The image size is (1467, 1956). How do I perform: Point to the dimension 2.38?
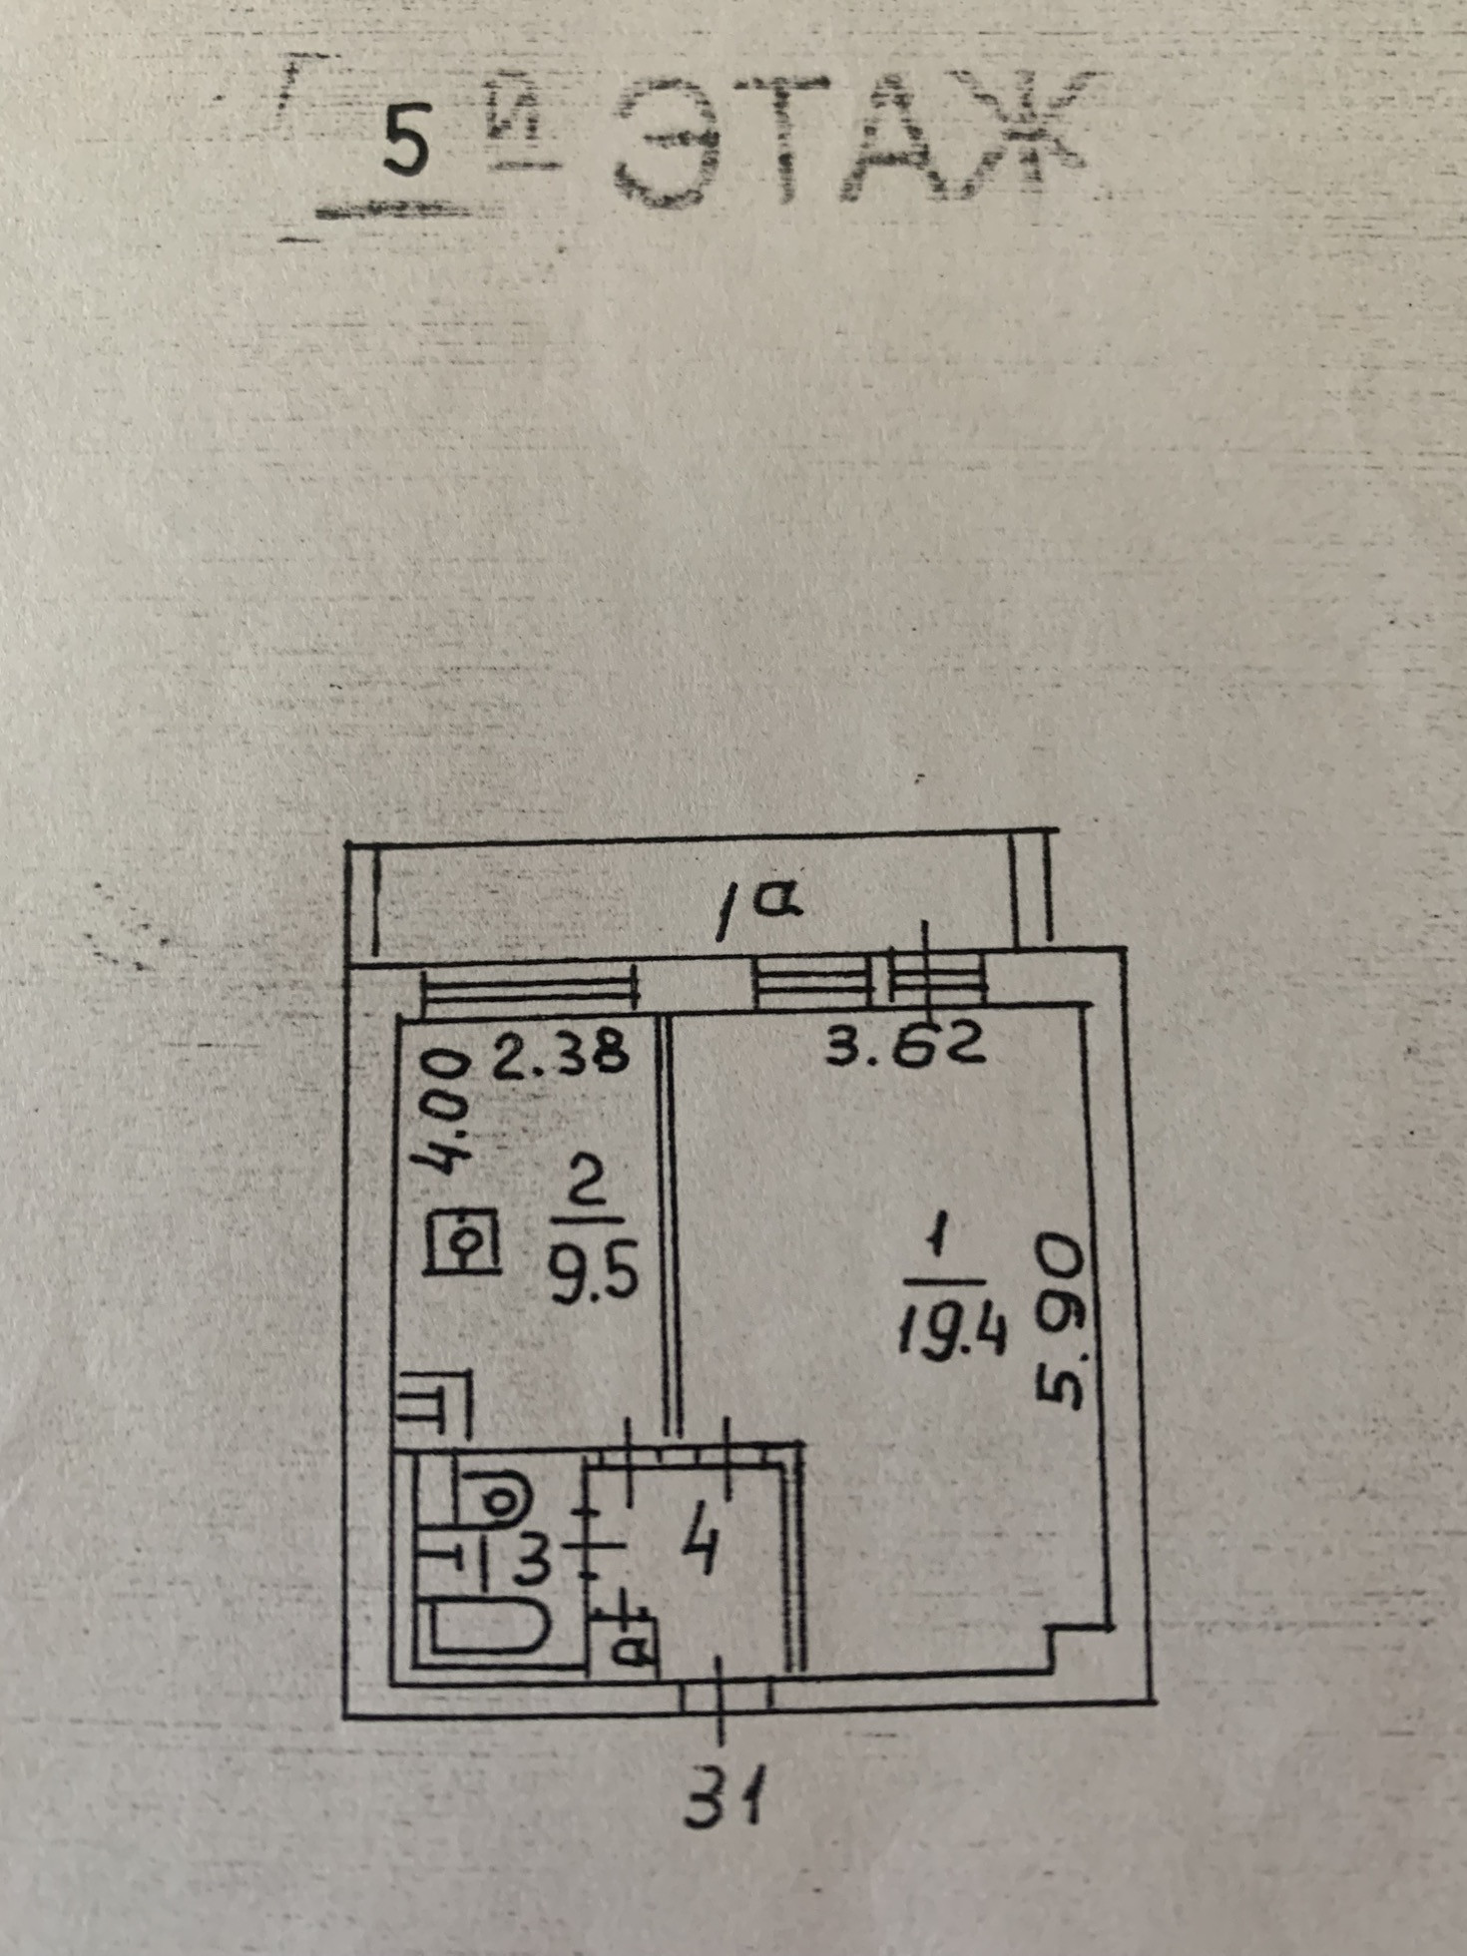pyautogui.click(x=562, y=1055)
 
